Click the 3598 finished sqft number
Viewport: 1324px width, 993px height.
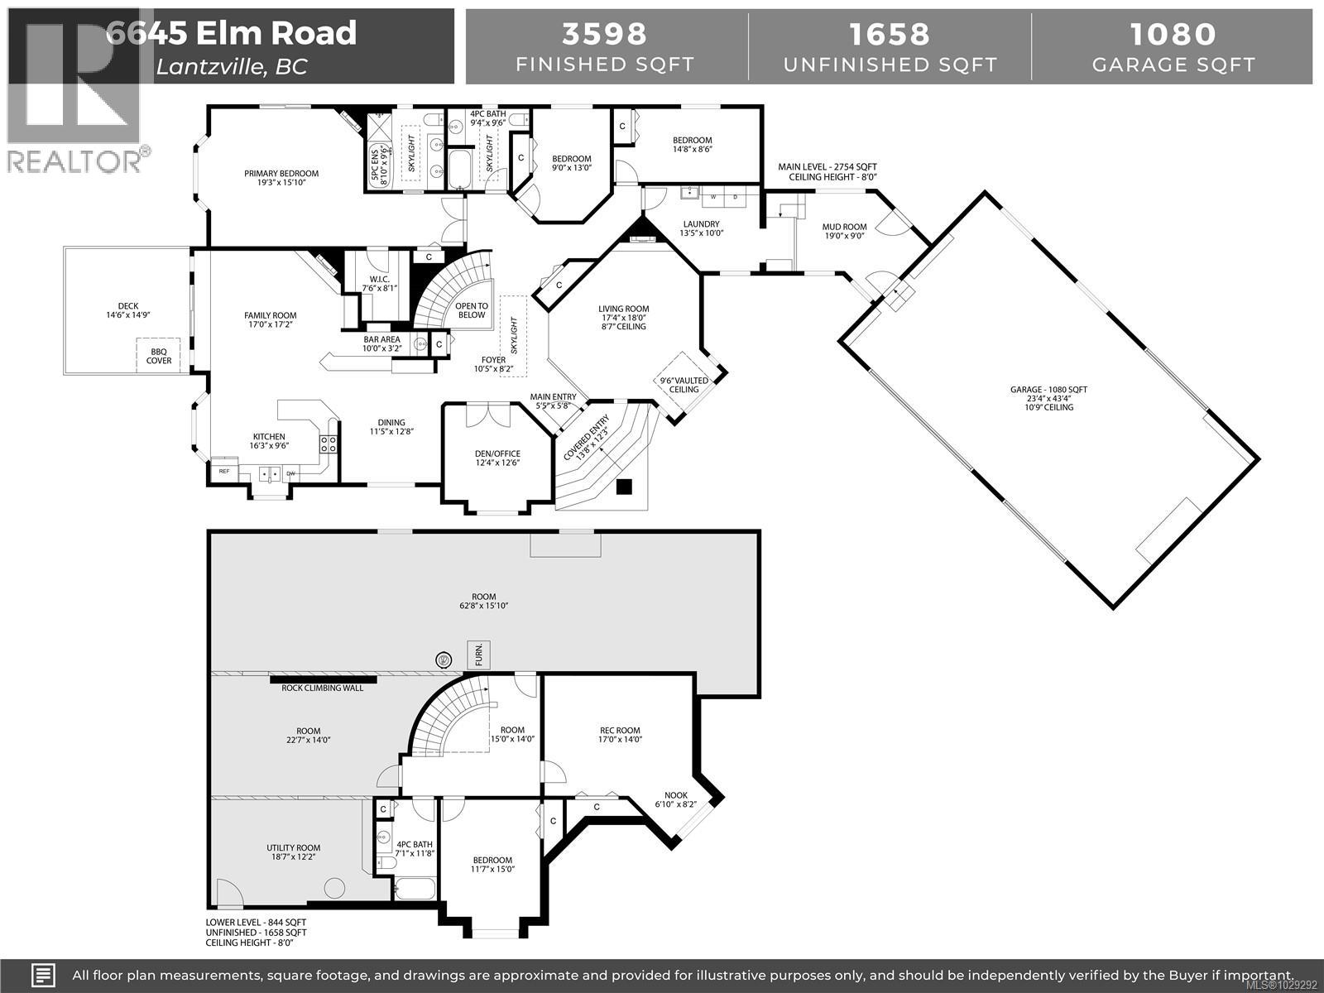(604, 33)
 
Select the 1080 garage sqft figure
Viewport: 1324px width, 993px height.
(1173, 33)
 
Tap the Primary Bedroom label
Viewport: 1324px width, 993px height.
(281, 174)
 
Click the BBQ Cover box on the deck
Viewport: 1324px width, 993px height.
(159, 356)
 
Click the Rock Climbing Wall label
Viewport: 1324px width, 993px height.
(323, 688)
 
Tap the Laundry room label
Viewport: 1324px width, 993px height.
(701, 224)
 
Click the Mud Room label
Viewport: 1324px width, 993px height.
(844, 227)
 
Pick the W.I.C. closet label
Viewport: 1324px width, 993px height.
(379, 278)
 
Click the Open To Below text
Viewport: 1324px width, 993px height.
(472, 309)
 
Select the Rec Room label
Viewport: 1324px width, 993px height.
(620, 730)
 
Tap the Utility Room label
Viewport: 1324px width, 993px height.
(293, 847)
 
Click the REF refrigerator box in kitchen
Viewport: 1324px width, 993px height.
(224, 471)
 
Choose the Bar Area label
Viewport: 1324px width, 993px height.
(381, 339)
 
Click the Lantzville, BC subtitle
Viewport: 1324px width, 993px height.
(231, 67)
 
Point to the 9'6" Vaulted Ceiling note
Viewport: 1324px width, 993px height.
(684, 385)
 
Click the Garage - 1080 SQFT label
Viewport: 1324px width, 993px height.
(1048, 389)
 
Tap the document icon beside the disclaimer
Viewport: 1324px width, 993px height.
(44, 975)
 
